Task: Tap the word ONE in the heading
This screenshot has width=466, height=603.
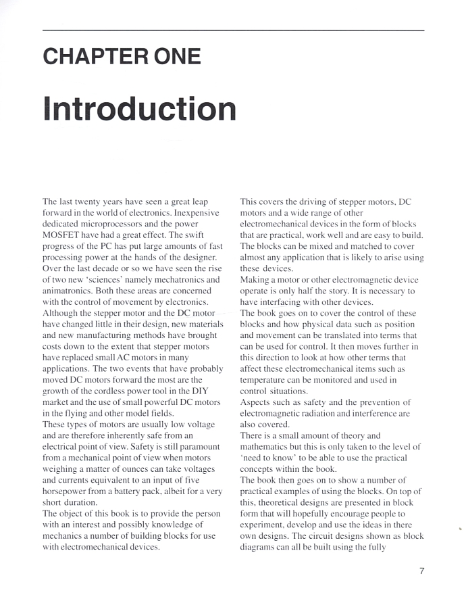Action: (176, 56)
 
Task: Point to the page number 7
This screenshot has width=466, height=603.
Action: (422, 571)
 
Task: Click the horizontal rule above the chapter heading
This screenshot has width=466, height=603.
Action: (233, 30)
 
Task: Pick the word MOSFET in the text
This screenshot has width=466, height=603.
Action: (63, 235)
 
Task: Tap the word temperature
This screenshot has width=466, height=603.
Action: (267, 380)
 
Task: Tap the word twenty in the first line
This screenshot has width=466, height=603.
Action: (93, 202)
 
